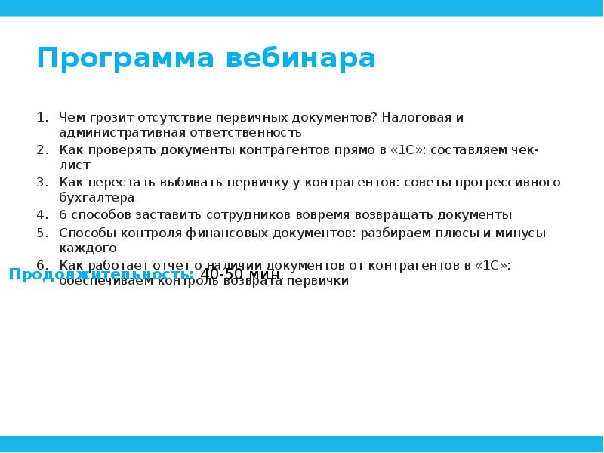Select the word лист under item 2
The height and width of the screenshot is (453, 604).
coord(75,165)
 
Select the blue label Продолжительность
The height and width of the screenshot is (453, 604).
coord(101,274)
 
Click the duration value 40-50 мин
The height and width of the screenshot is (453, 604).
coord(240,274)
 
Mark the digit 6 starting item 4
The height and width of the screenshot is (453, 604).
coord(63,214)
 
